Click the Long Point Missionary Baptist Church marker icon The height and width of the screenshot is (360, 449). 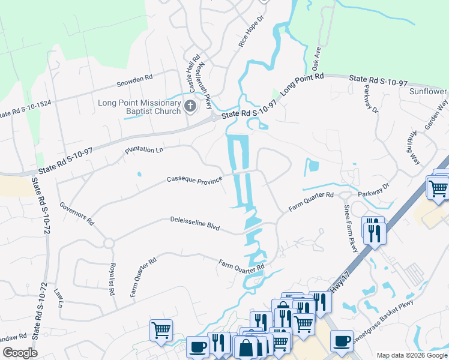pyautogui.click(x=190, y=107)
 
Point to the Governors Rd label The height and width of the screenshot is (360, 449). pyautogui.click(x=76, y=214)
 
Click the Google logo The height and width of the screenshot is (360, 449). pyautogui.click(x=20, y=353)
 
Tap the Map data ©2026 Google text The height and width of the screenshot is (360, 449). pyautogui.click(x=411, y=355)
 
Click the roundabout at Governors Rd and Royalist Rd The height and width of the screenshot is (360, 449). pyautogui.click(x=109, y=243)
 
